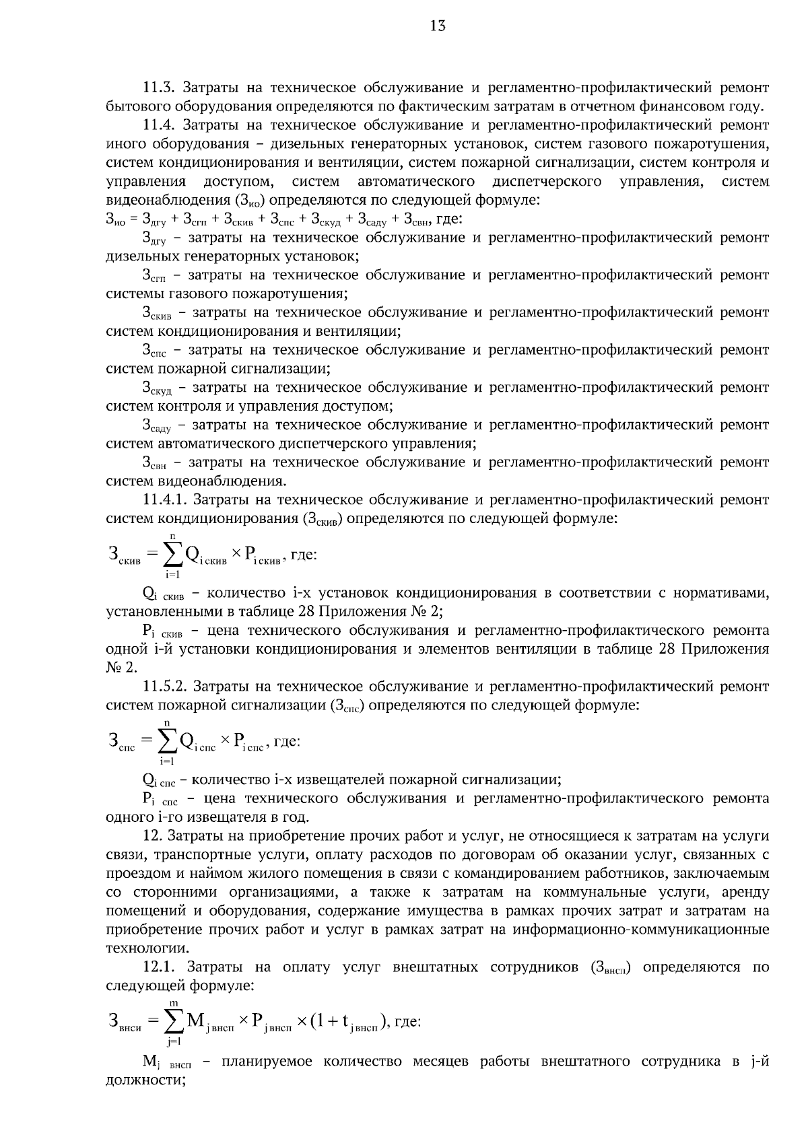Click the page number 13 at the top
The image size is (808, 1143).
point(437,26)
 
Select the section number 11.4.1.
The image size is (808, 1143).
point(165,500)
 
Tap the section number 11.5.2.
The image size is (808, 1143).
point(165,687)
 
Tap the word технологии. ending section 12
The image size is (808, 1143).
point(138,948)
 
